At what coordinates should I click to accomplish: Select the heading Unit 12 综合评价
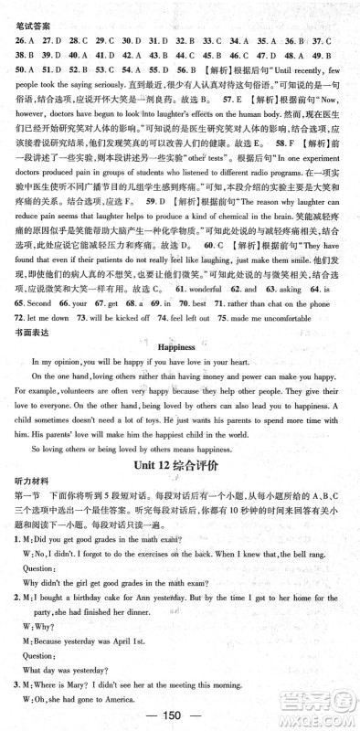(179, 491)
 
